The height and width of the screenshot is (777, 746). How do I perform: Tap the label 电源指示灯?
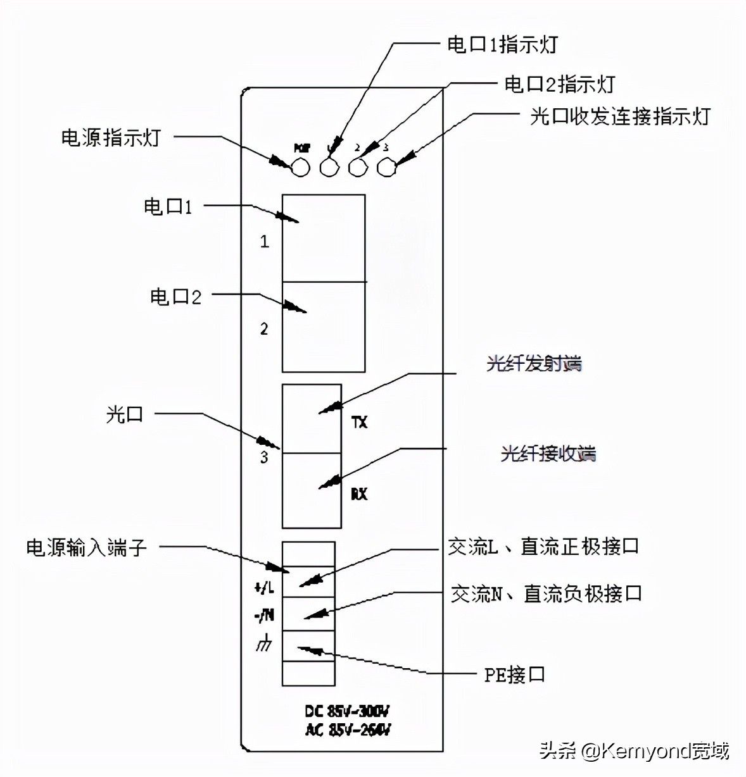tap(111, 137)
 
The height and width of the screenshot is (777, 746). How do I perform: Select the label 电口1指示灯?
tap(502, 44)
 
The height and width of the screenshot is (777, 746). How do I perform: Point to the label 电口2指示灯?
tap(559, 84)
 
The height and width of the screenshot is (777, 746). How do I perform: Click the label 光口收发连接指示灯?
tap(620, 117)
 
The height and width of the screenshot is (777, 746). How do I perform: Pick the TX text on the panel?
tap(359, 421)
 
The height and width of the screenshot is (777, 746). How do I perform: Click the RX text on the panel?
tap(359, 494)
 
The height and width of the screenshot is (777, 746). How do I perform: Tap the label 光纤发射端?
tap(533, 364)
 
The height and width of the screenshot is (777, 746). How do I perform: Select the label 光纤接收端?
tap(548, 454)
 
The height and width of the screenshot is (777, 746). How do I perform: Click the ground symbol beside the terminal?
tap(264, 643)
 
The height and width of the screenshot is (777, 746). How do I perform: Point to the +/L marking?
tap(264, 588)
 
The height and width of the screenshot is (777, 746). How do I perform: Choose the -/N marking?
tap(264, 614)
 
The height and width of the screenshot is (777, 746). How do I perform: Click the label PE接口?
tap(514, 674)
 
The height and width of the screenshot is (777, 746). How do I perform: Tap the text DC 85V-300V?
tap(347, 711)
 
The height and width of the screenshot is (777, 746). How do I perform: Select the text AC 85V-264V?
tap(347, 730)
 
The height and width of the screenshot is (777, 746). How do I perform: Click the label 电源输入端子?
tap(87, 547)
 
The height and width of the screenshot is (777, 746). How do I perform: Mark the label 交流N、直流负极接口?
tap(547, 594)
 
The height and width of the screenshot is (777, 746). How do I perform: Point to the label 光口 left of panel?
tap(125, 414)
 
